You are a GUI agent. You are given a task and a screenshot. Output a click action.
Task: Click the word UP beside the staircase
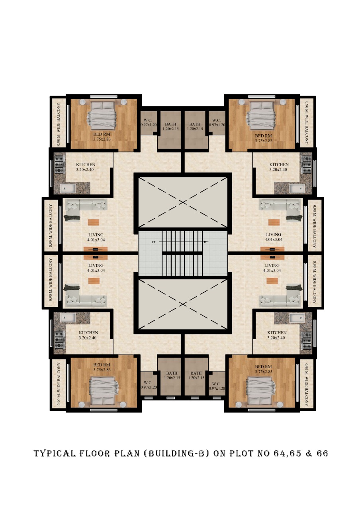point(154,242)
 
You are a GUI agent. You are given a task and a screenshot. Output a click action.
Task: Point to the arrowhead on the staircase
point(206,242)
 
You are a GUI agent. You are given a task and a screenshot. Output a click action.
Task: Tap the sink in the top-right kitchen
point(297,188)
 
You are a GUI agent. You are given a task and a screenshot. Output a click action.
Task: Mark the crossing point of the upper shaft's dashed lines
point(183,202)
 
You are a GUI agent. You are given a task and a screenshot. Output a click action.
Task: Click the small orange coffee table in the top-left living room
point(94,222)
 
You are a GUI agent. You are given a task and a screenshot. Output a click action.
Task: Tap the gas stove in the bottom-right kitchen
point(306,340)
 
